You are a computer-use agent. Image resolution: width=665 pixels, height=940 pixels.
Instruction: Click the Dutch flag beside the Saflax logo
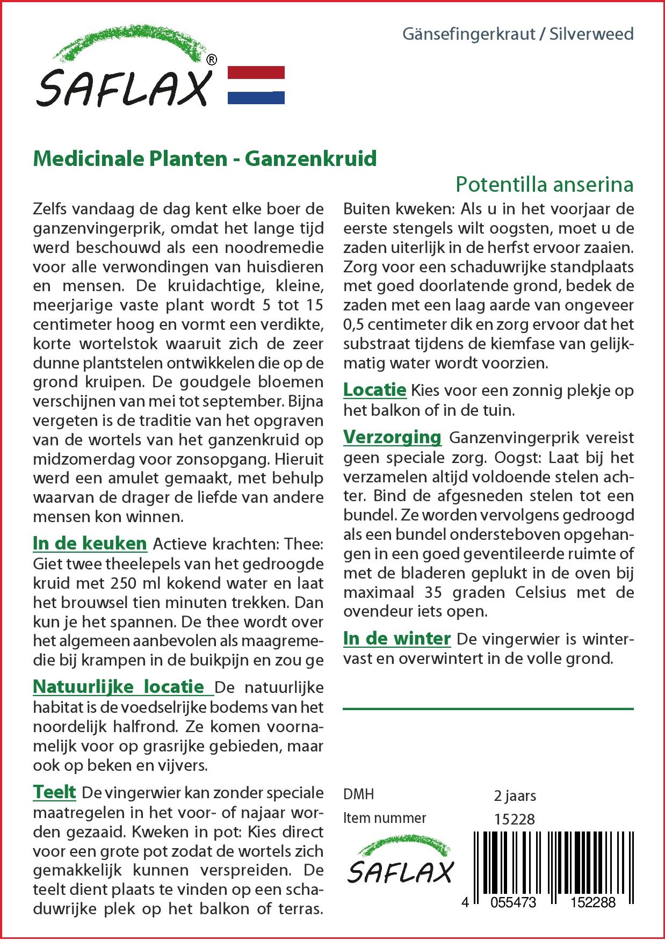256,85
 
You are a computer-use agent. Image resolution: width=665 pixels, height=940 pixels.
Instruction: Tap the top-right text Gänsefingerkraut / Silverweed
518,34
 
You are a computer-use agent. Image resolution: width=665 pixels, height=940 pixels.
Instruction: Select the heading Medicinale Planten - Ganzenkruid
205,159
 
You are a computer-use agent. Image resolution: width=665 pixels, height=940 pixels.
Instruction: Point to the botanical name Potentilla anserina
544,184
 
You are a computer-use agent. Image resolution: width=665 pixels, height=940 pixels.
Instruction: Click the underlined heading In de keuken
90,544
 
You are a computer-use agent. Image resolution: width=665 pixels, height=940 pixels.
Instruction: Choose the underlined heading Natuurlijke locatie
119,686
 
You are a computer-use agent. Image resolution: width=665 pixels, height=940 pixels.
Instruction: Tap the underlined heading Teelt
54,792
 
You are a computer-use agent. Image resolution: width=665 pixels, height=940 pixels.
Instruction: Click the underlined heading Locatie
374,390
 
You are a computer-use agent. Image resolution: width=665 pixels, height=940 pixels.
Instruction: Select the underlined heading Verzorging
392,437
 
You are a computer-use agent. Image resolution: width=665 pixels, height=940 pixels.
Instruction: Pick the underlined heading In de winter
396,639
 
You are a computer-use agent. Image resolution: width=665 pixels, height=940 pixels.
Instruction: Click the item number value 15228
514,819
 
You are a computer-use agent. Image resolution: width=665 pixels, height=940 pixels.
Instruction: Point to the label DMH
358,794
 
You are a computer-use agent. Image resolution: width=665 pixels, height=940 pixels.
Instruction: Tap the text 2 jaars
514,795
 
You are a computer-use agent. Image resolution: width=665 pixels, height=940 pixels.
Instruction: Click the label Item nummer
385,818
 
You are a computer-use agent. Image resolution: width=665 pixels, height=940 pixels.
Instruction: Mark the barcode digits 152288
594,902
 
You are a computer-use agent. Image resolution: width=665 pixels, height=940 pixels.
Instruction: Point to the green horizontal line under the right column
488,709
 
